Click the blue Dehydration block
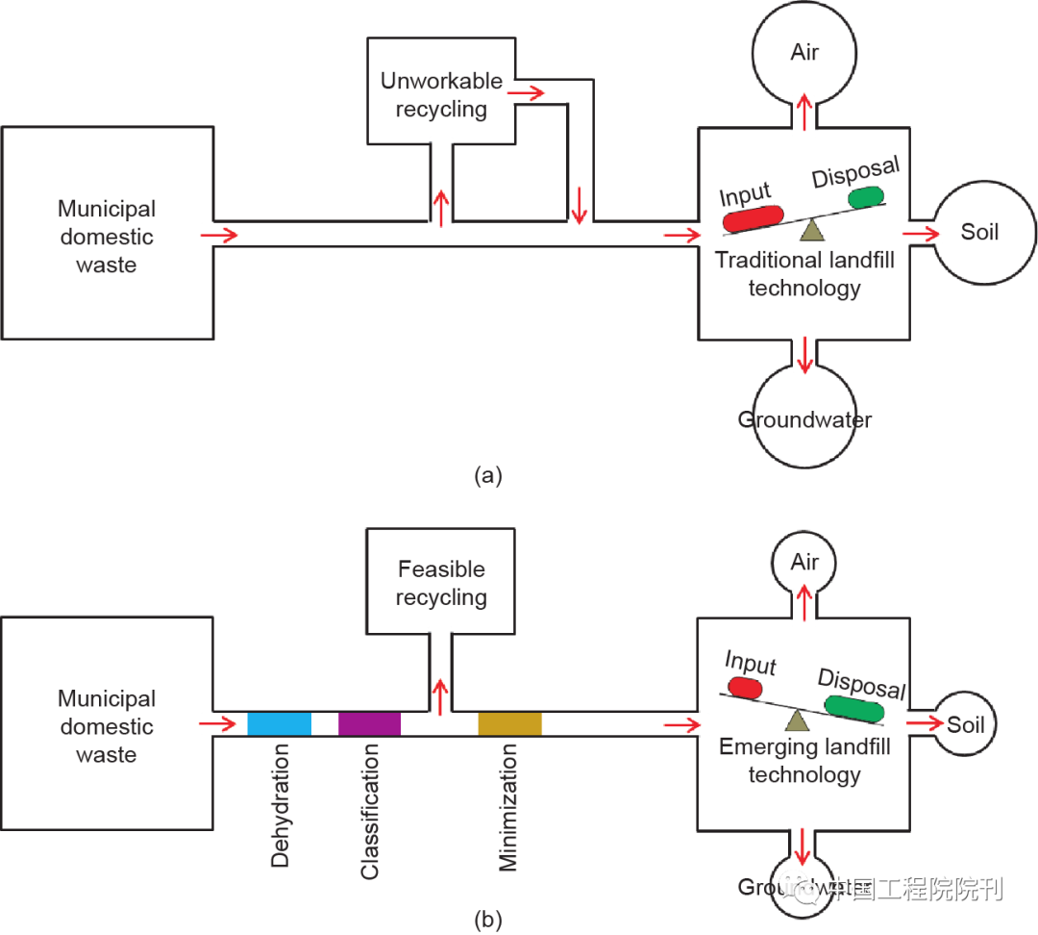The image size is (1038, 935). [279, 723]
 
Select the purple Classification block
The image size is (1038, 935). [369, 723]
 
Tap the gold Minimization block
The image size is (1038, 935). [509, 723]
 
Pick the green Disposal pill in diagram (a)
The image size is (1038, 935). [865, 197]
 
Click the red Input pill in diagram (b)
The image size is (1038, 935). [745, 688]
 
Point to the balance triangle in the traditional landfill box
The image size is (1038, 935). [813, 230]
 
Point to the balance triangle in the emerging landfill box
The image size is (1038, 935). [795, 721]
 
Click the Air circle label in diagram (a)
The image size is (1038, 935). [804, 52]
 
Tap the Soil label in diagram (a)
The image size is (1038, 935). [979, 232]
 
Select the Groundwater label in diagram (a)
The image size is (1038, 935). [804, 420]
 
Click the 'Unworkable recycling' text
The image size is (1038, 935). [441, 95]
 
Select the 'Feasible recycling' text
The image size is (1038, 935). [441, 584]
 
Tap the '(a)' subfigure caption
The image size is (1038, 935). [488, 474]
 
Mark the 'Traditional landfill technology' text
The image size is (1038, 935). [804, 273]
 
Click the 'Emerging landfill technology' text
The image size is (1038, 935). [804, 761]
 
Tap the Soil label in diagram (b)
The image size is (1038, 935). [966, 724]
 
